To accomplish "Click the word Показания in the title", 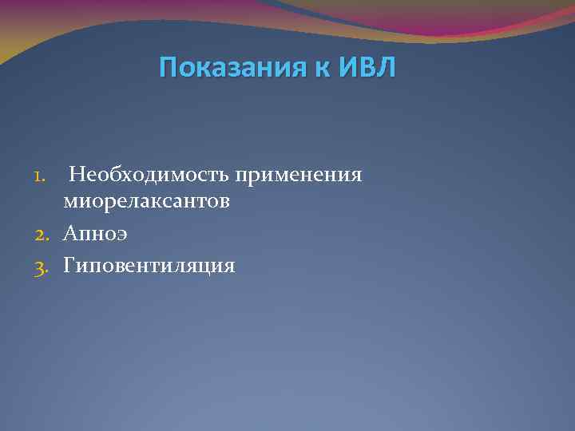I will [x=224, y=69].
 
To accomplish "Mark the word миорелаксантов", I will [x=147, y=202].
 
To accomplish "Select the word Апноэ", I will [x=96, y=233].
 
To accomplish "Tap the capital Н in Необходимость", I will [x=77, y=174].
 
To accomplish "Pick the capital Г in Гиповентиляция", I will [x=70, y=264].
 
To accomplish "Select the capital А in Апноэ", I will [x=71, y=233].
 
